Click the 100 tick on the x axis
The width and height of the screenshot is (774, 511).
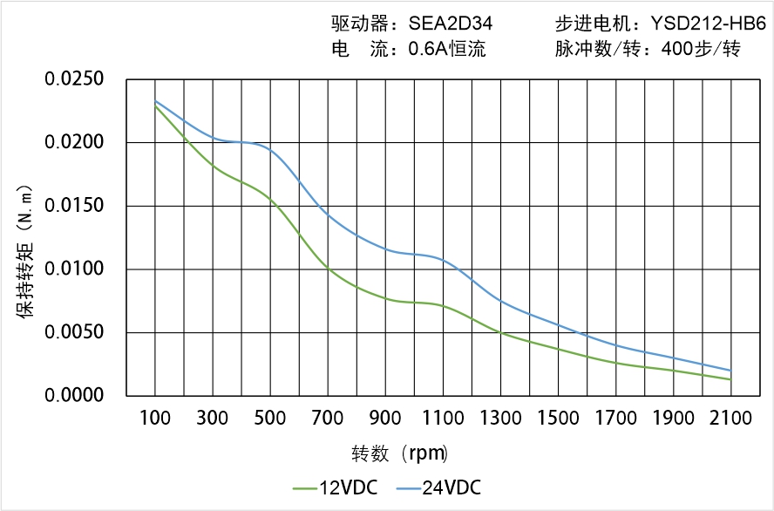point(155,419)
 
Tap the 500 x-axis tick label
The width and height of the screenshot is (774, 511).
point(270,419)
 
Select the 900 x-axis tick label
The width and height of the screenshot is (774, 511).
point(385,419)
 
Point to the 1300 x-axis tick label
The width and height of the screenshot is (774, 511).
point(500,419)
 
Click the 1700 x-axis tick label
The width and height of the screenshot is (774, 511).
point(615,419)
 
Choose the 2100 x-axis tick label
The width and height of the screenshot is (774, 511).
point(730,419)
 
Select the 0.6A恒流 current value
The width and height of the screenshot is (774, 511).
point(446,50)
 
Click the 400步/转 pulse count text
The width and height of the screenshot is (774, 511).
point(700,50)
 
